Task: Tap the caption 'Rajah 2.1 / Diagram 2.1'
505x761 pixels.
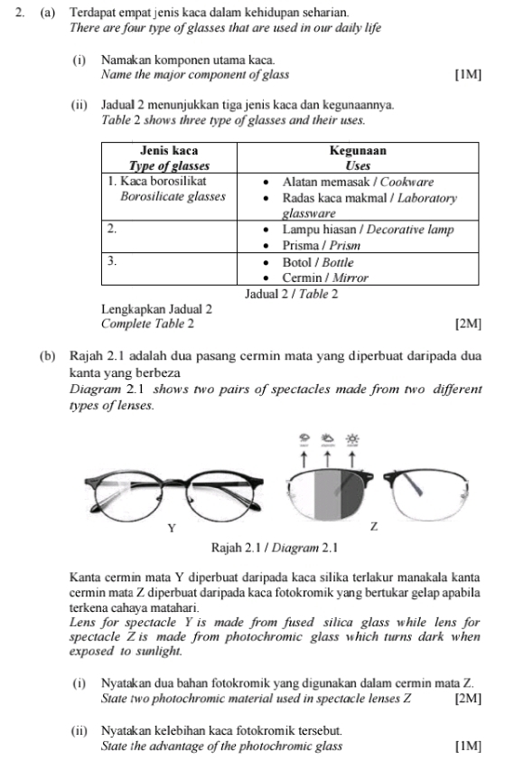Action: pos(274,548)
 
